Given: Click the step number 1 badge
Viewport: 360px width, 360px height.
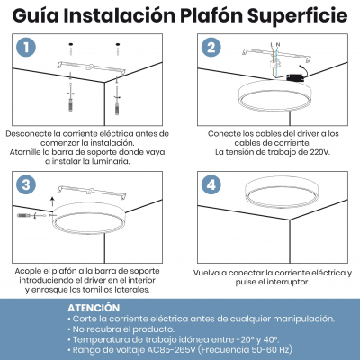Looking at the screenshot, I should pos(28,48).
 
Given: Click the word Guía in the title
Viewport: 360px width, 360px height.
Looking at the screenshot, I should pos(35,15).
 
